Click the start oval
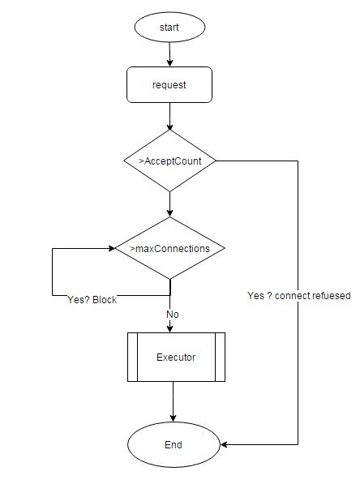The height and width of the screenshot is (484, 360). [x=169, y=28]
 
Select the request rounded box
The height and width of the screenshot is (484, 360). [x=169, y=84]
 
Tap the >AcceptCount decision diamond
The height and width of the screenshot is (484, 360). [x=169, y=161]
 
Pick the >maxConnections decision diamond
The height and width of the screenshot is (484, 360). [x=169, y=248]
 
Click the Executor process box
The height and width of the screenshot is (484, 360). [x=176, y=358]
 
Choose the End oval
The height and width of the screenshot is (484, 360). [x=174, y=444]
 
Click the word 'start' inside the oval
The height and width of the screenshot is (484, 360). [x=169, y=28]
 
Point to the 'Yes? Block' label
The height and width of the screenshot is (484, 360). [x=92, y=300]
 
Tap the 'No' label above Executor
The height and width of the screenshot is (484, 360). [x=173, y=315]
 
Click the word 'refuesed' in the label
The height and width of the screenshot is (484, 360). [x=332, y=296]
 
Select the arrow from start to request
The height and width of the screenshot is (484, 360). [x=169, y=54]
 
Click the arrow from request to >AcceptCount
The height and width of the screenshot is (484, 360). [x=169, y=117]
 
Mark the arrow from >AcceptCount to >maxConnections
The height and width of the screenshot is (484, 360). [x=169, y=204]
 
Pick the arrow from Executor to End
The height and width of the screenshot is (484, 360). [x=173, y=401]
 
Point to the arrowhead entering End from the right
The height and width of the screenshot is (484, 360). [x=224, y=444]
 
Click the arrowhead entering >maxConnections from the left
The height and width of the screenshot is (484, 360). [x=112, y=248]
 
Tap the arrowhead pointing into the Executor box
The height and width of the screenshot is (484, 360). [x=169, y=328]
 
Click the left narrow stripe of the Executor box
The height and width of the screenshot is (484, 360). [x=132, y=358]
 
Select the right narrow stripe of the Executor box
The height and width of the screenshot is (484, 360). [x=221, y=358]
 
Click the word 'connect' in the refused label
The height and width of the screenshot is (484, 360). [x=293, y=296]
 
